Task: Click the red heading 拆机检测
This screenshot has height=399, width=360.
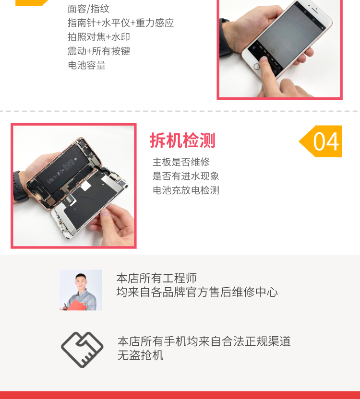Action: click(x=182, y=141)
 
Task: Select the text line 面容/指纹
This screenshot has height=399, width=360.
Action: click(x=88, y=9)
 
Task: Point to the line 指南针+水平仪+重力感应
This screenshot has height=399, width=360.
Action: click(x=120, y=23)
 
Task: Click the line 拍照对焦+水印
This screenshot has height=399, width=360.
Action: click(x=98, y=37)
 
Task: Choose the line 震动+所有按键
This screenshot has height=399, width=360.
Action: click(x=99, y=51)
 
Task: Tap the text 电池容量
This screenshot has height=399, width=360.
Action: click(x=86, y=65)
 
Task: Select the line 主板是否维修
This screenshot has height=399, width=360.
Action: click(x=181, y=162)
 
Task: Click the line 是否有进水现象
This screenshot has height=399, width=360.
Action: click(x=186, y=176)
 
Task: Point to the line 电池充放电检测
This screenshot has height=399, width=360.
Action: click(x=186, y=190)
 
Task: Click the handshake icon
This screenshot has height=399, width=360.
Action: click(x=82, y=350)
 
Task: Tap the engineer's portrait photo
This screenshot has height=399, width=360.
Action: click(x=81, y=290)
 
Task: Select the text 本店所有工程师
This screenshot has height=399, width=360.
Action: click(x=156, y=278)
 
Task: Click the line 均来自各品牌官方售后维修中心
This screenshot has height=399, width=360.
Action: click(x=197, y=292)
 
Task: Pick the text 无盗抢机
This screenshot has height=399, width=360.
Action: click(x=140, y=355)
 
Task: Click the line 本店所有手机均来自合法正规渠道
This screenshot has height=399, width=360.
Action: click(x=204, y=341)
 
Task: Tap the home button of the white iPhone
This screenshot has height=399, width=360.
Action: click(x=257, y=67)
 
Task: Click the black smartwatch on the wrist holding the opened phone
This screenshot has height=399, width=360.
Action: click(x=20, y=187)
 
